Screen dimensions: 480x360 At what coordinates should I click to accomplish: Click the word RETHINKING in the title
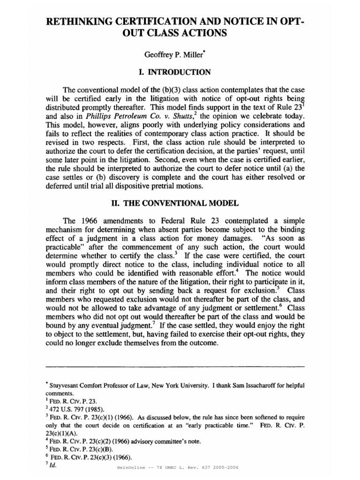click(84, 22)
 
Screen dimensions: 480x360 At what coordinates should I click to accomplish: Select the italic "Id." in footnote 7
click(53, 466)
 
